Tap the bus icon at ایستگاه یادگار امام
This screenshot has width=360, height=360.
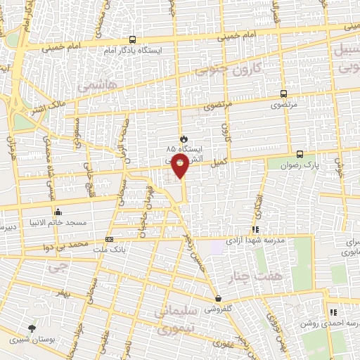click(x=134, y=41)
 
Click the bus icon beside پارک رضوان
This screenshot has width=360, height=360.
click(x=300, y=154)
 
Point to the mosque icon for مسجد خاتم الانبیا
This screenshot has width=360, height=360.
click(x=58, y=212)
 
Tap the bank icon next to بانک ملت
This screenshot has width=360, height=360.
click(x=108, y=239)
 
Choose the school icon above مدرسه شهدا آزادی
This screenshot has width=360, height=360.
click(x=254, y=229)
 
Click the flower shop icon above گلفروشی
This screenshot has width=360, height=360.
click(x=218, y=298)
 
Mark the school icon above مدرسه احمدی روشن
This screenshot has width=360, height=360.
click(x=333, y=312)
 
